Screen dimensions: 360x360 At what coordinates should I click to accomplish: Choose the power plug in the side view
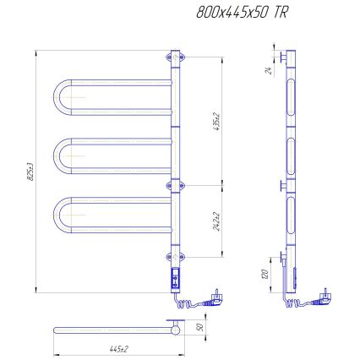(x=325, y=297)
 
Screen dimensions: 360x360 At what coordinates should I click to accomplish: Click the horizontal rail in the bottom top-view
(x=110, y=328)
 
